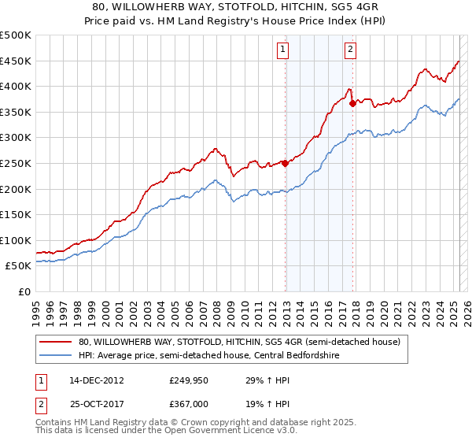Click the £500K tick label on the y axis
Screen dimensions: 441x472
16,35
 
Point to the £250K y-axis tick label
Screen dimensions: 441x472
16,163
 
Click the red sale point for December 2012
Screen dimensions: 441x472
285,164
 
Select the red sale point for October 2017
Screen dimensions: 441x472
352,103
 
